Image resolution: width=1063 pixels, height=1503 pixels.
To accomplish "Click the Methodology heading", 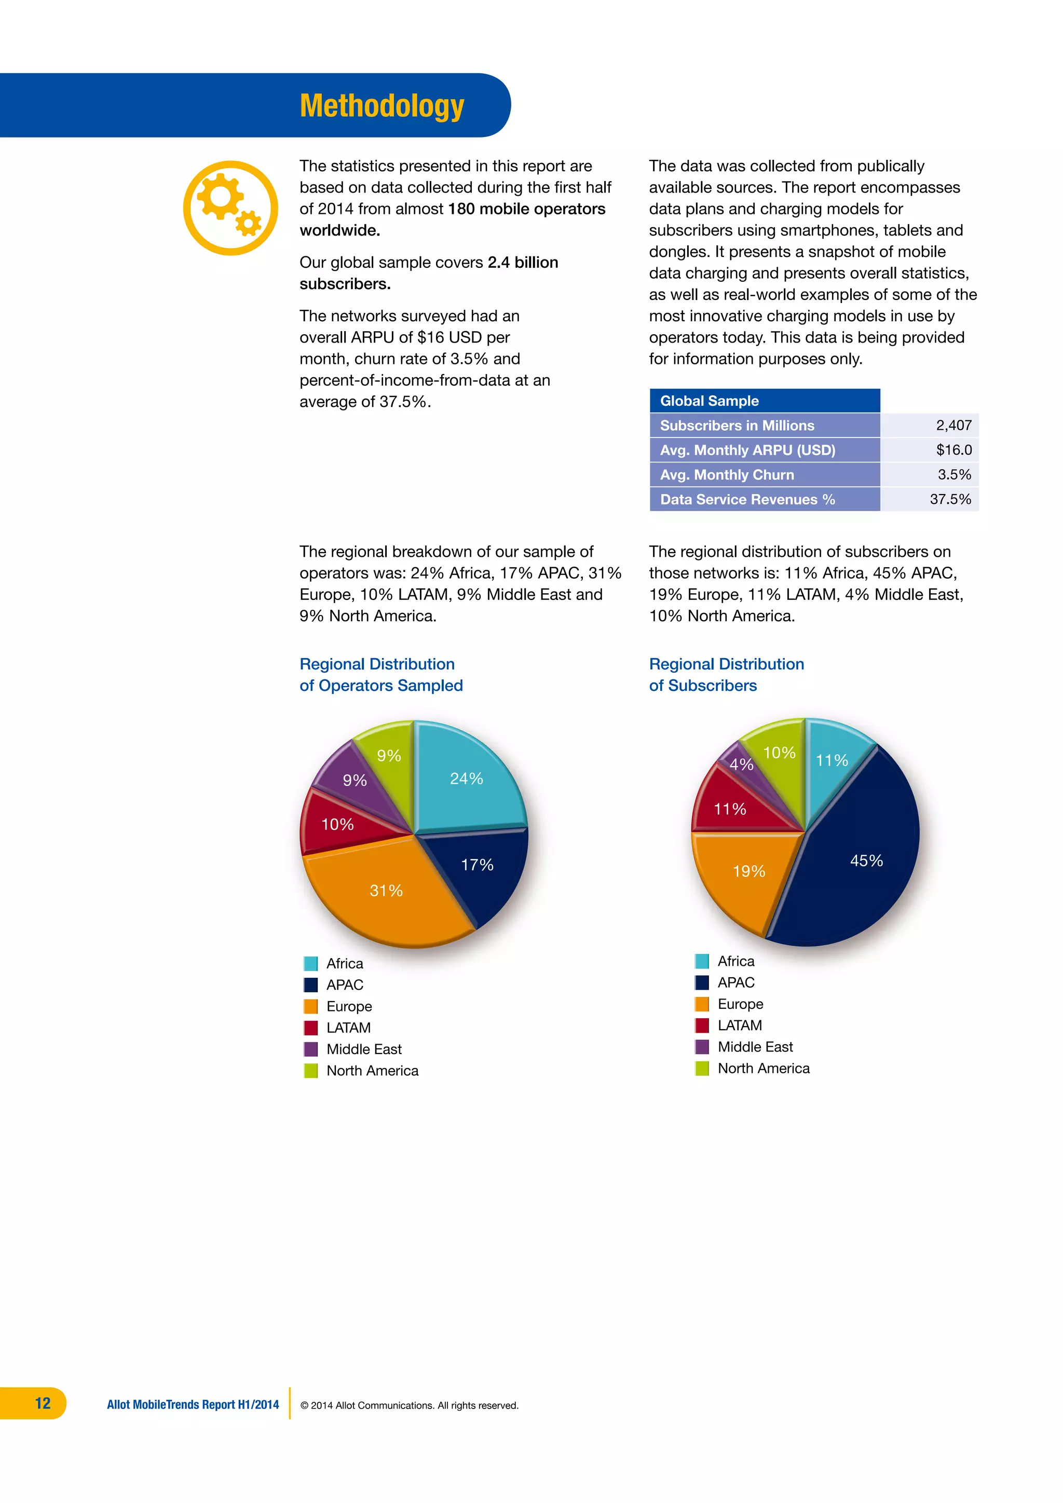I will [381, 106].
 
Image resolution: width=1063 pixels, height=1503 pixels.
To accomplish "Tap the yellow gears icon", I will [230, 208].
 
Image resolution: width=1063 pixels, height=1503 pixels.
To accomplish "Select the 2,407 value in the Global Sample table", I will [953, 426].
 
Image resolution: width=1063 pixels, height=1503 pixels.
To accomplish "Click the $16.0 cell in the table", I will [953, 450].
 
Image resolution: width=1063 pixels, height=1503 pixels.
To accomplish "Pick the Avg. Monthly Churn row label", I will [727, 474].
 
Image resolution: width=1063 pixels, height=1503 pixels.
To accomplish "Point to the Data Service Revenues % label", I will [747, 499].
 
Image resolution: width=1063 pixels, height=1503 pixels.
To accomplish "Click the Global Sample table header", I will [710, 401].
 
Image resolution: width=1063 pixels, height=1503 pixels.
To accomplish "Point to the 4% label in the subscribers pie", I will [741, 764].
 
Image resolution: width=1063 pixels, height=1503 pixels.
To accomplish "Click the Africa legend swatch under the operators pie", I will [311, 964].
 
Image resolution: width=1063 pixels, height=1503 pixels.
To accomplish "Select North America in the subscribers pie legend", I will [763, 1068].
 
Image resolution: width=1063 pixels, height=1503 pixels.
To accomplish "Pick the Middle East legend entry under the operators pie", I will [364, 1049].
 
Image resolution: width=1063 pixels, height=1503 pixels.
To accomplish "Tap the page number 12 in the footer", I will [43, 1403].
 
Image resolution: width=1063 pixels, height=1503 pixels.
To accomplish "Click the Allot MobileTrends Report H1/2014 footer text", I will [193, 1404].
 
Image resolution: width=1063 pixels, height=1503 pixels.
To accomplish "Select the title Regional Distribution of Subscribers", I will [726, 674].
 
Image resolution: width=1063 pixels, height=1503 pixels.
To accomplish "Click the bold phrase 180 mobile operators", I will [526, 209].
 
